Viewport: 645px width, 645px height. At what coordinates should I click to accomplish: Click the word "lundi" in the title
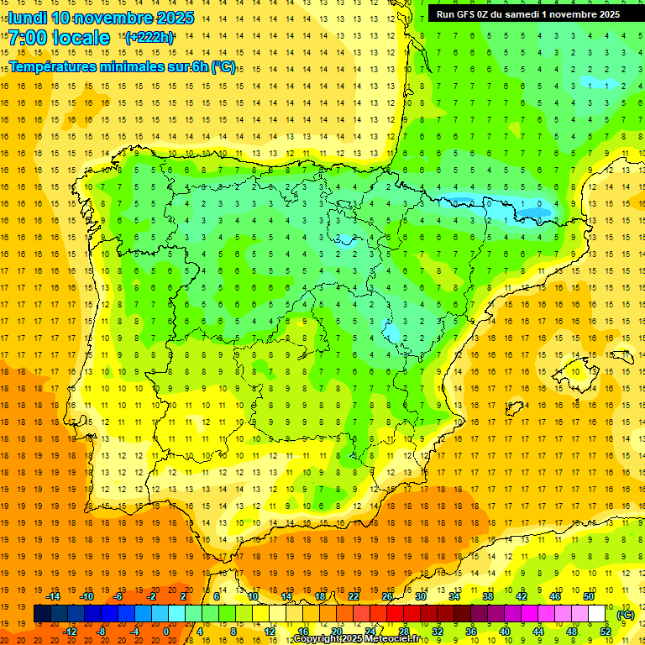(x=27, y=18)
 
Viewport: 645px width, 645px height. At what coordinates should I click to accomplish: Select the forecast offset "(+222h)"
(x=149, y=38)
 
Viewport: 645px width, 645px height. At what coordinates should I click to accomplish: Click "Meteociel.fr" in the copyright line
(x=381, y=639)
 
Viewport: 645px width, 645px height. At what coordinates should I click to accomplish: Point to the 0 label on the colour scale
(x=165, y=632)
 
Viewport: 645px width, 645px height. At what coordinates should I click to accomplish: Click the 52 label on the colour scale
(x=605, y=632)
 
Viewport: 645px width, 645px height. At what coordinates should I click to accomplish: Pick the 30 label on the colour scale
(x=420, y=596)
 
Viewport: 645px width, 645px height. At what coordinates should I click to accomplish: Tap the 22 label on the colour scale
(x=354, y=596)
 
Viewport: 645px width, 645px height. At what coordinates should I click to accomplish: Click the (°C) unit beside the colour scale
(x=626, y=615)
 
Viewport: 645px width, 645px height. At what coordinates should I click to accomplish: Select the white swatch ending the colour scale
(x=597, y=614)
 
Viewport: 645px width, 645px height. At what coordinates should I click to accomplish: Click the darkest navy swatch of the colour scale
(x=42, y=614)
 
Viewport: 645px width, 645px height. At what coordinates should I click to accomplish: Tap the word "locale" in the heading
(x=79, y=39)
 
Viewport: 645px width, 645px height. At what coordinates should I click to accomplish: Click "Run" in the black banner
(x=446, y=14)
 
